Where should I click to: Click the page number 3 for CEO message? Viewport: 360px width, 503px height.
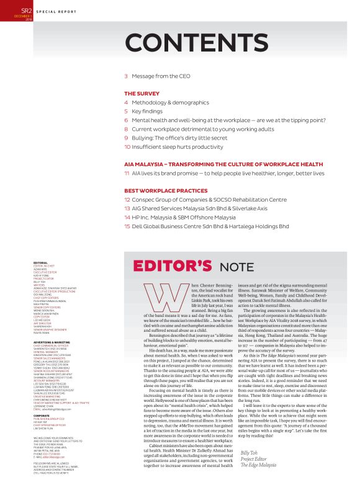click(126, 76)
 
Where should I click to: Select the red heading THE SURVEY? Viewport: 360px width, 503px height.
click(143, 93)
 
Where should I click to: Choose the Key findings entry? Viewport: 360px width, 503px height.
click(150, 110)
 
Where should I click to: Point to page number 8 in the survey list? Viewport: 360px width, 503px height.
click(126, 128)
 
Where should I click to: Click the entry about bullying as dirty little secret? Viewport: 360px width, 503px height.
click(178, 138)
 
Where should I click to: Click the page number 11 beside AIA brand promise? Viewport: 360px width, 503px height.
click(127, 173)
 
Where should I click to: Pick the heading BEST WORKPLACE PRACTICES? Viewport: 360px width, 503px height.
click(165, 190)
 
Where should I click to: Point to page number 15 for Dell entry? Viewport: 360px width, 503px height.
click(127, 226)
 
